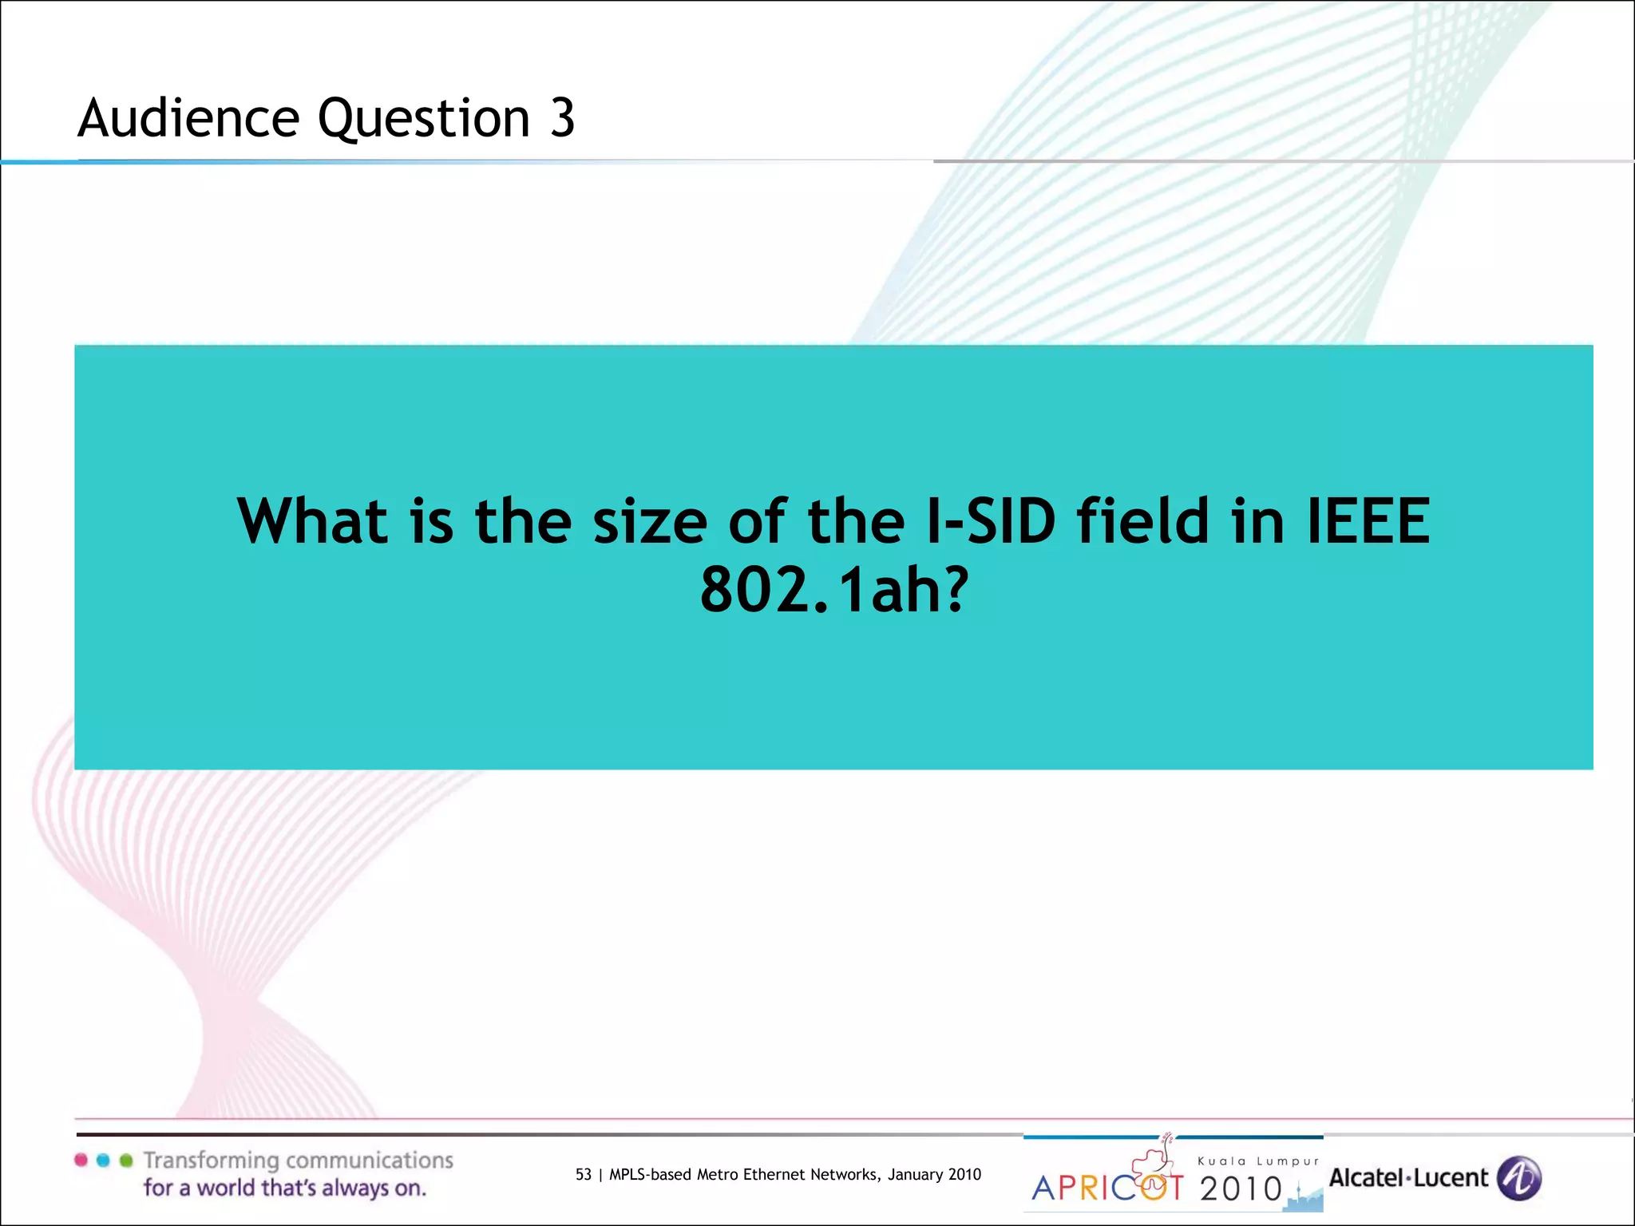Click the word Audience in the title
(x=188, y=118)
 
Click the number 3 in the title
(x=562, y=118)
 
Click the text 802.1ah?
(x=834, y=590)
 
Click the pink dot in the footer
(x=81, y=1161)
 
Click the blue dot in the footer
(x=103, y=1161)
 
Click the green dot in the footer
(x=125, y=1161)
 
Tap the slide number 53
(x=584, y=1174)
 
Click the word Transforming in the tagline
(x=211, y=1161)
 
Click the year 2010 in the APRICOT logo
(x=1241, y=1189)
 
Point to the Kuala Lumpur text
(x=1258, y=1161)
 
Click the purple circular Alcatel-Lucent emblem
(x=1518, y=1178)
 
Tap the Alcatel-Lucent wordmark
(x=1408, y=1178)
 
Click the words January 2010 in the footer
(x=934, y=1174)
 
